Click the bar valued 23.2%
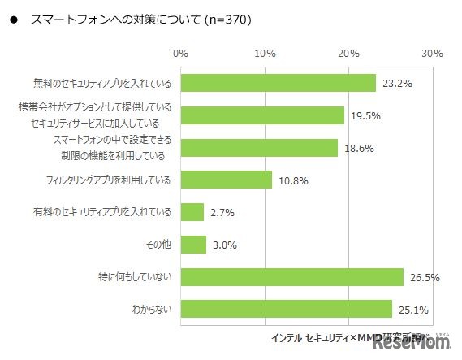coord(278,83)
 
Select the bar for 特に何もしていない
coord(292,277)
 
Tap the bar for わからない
coord(287,309)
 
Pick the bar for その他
coord(194,245)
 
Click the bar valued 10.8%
coord(227,180)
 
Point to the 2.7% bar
coord(192,212)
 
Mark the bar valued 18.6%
coord(259,147)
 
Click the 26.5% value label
coord(425,278)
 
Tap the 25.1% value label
coord(412,310)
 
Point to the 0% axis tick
coord(181,54)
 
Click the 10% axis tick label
coord(265,54)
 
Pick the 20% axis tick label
coord(349,54)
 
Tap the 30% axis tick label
coord(432,54)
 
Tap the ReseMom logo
coord(412,343)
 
